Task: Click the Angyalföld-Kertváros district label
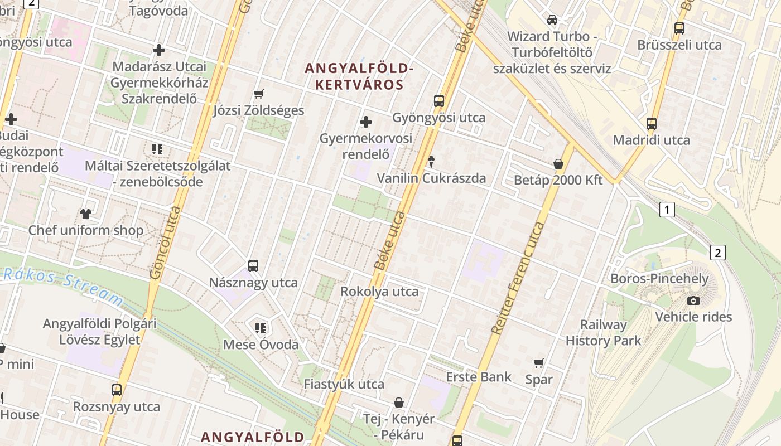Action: click(360, 77)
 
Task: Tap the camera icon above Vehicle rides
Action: click(693, 300)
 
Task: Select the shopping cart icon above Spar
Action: click(538, 363)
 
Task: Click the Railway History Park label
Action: click(604, 332)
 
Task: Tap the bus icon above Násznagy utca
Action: click(253, 265)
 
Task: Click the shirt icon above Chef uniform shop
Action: click(86, 213)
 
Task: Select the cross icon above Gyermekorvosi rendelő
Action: click(366, 122)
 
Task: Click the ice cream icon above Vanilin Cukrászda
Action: click(431, 162)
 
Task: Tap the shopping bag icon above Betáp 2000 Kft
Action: click(558, 164)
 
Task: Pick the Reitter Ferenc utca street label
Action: click(518, 278)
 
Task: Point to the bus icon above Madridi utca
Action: click(652, 124)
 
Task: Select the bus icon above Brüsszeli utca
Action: click(679, 28)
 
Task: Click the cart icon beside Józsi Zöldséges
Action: click(258, 94)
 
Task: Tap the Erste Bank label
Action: click(479, 377)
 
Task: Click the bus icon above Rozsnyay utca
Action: click(117, 390)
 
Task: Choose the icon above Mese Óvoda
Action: click(260, 328)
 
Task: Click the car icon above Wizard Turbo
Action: click(552, 20)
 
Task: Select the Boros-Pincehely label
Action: click(659, 279)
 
